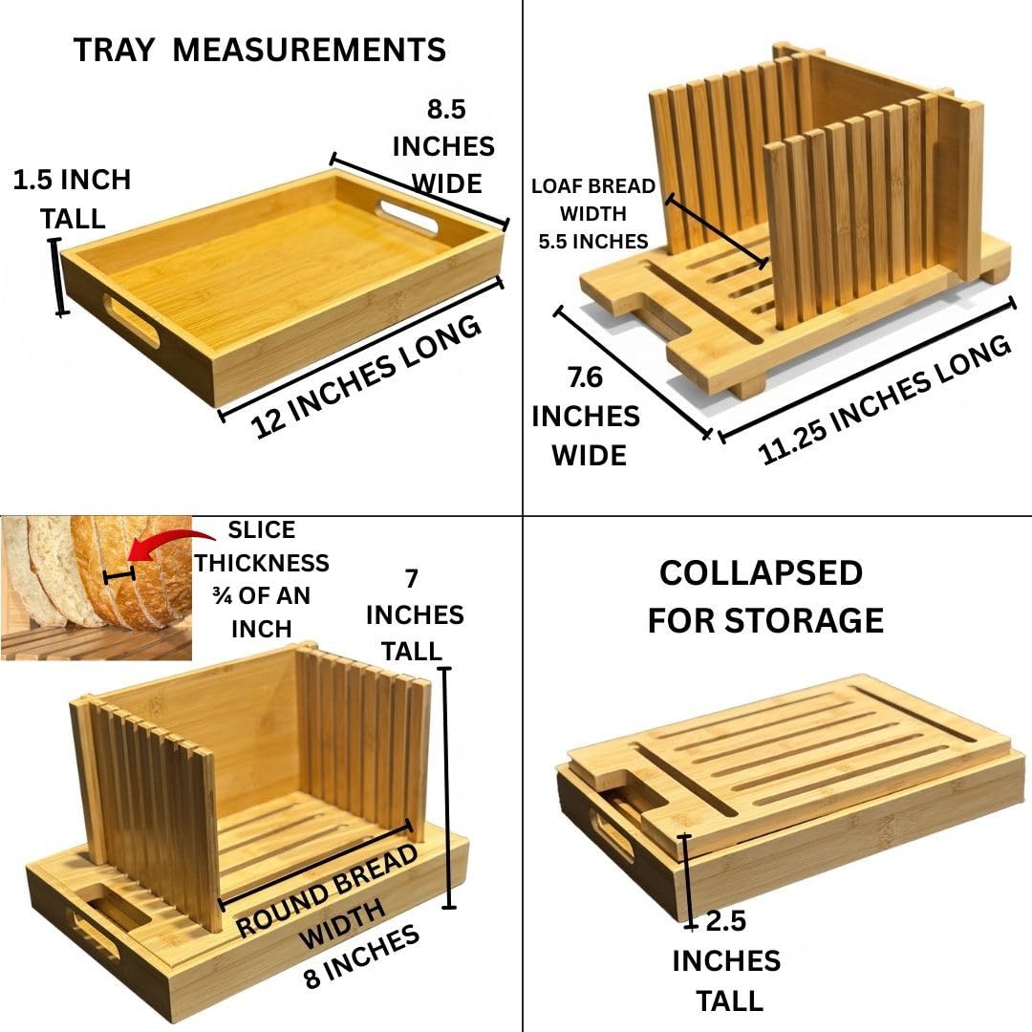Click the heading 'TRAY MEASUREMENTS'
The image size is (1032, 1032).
(259, 50)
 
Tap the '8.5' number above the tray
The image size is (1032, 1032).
(446, 109)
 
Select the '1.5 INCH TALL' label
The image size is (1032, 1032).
(72, 199)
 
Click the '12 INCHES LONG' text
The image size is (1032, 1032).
(366, 377)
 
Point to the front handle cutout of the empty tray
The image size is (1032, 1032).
(131, 320)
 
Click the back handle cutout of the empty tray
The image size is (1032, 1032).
(407, 218)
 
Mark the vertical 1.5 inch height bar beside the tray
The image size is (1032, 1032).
(59, 277)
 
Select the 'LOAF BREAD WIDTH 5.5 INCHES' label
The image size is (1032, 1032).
(593, 214)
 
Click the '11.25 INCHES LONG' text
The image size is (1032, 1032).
(884, 400)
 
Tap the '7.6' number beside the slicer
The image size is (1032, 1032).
(585, 377)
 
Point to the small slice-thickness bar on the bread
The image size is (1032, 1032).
(119, 576)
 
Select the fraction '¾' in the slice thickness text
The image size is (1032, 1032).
(222, 595)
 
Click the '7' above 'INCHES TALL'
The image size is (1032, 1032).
(412, 578)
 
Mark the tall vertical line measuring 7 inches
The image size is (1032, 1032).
(447, 787)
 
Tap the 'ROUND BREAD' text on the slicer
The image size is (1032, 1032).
(327, 892)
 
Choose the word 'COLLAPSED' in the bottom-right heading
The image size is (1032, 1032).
(761, 572)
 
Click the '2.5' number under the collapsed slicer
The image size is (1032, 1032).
(726, 921)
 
